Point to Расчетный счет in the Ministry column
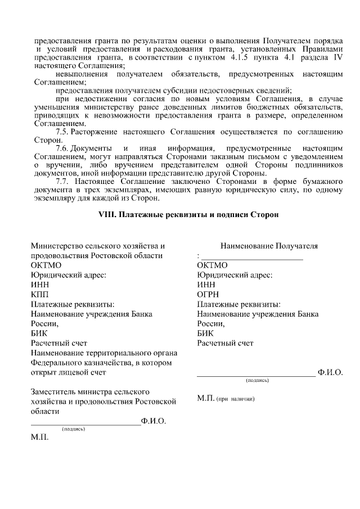tap(59, 343)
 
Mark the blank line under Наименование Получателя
tap(252, 259)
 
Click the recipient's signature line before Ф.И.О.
tap(256, 373)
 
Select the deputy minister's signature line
tap(85, 423)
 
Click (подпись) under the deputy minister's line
tap(73, 429)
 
